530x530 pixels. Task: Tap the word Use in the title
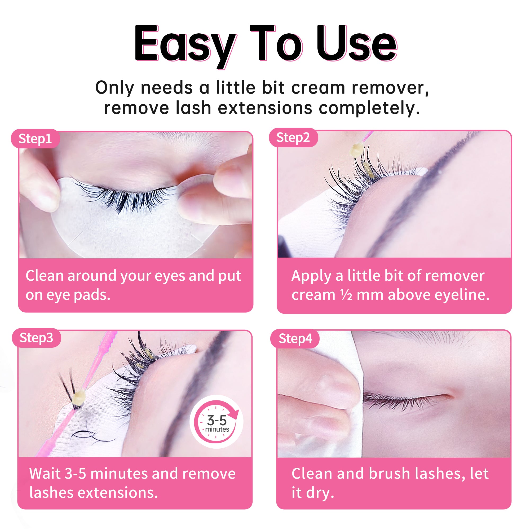(357, 43)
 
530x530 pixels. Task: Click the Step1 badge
(35, 139)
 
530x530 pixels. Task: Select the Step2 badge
(293, 138)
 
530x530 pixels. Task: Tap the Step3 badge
(36, 338)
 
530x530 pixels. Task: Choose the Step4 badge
(295, 338)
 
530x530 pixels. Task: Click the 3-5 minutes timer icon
(217, 422)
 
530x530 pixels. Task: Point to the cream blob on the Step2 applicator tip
(356, 150)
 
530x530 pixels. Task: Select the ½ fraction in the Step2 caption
(346, 295)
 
